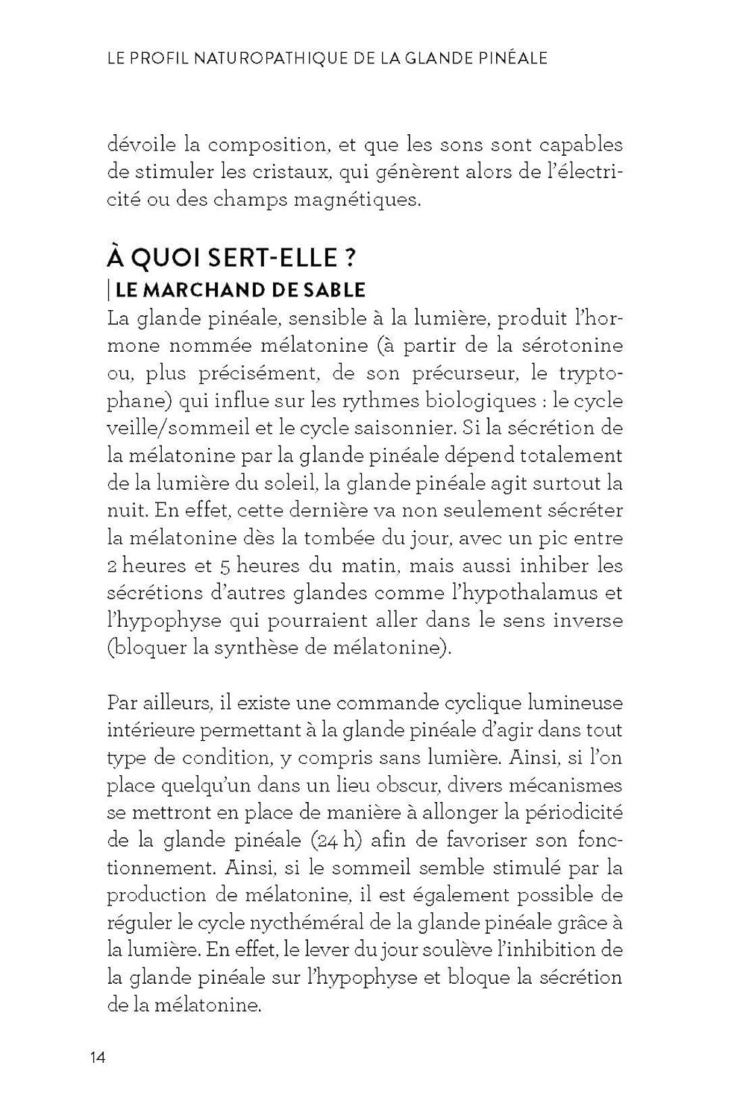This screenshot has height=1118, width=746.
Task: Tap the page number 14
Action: click(98, 1058)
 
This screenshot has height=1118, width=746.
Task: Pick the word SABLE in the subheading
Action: click(335, 290)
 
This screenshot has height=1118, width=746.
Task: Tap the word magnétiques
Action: click(358, 200)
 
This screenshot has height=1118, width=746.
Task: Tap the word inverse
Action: click(586, 621)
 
